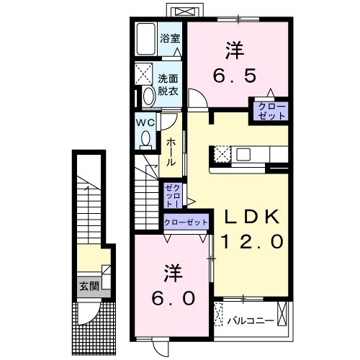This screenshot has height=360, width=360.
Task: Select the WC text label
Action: click(x=147, y=121)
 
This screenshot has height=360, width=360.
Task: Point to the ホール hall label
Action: click(x=171, y=152)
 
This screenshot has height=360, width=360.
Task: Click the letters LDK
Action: click(x=247, y=217)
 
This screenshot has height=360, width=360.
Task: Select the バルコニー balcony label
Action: click(x=249, y=318)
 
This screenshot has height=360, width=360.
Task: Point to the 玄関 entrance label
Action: click(x=89, y=285)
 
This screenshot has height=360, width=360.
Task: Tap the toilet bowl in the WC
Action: click(x=146, y=137)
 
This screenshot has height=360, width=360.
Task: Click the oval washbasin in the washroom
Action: click(x=147, y=96)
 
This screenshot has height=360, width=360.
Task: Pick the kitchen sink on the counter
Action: click(x=243, y=154)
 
